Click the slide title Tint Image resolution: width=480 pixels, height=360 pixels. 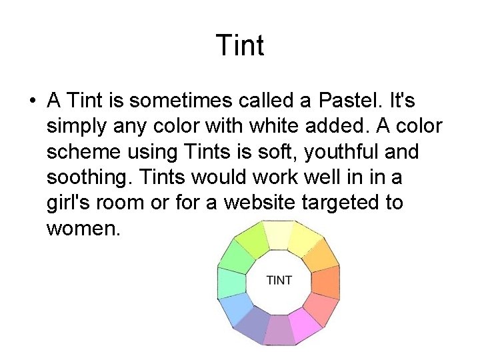tap(240, 46)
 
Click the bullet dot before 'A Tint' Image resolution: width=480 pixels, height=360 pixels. tap(31, 102)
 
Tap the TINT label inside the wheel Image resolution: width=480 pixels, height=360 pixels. tap(279, 280)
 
